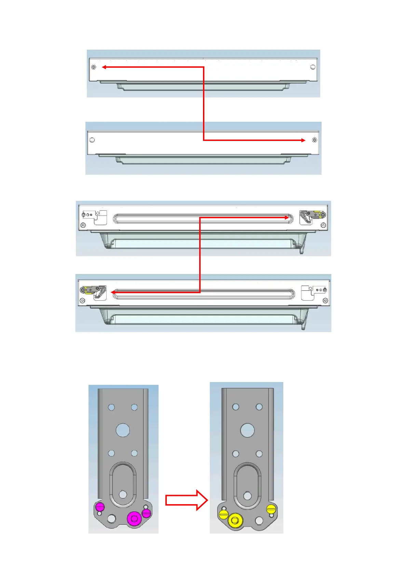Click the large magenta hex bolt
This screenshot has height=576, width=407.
point(134,519)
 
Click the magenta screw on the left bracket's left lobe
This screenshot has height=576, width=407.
point(100,507)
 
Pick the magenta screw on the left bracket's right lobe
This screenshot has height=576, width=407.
point(146,513)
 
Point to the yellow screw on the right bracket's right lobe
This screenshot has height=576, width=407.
point(271,509)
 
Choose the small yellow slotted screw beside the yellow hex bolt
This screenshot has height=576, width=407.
point(223,514)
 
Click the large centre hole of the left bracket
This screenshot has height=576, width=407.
point(123,430)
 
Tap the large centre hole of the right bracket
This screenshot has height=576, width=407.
point(247,430)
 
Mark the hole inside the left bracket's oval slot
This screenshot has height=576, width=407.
point(123,494)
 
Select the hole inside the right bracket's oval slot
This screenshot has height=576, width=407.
point(247,495)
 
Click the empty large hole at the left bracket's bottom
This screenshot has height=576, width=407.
point(111,519)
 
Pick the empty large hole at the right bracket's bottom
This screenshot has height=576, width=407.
point(259,521)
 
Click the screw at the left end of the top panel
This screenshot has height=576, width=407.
point(94,67)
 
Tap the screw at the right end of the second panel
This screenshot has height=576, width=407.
point(314,140)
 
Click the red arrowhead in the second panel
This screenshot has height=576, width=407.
point(303,140)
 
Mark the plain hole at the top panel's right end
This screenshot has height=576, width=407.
point(313,67)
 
